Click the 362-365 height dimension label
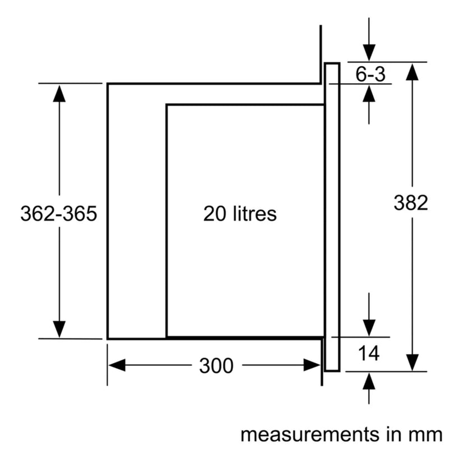59,213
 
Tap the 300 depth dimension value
216,366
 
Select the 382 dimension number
411,203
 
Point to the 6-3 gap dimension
370,74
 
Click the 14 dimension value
369,353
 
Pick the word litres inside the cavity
255,213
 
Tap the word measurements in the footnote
311,434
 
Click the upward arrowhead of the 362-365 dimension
59,93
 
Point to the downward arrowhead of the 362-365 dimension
59,329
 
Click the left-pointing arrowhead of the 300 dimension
117,365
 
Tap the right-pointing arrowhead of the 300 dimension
312,365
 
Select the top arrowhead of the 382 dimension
413,72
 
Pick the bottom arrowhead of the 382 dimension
413,362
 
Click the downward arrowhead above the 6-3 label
369,53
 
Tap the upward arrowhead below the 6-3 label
369,93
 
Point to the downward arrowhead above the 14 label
369,328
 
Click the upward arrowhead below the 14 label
369,381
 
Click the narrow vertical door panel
332,217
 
